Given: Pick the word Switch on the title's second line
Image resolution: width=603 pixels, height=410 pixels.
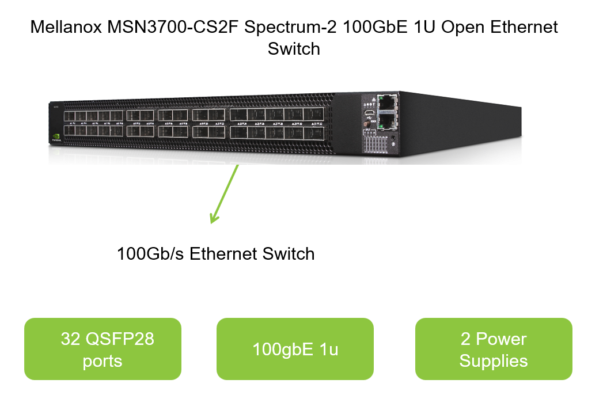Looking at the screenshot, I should coord(294,48).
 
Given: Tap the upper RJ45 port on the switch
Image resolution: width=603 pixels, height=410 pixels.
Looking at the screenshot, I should coord(386,102).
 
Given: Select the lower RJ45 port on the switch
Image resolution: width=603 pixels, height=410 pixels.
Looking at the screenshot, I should coord(386,120).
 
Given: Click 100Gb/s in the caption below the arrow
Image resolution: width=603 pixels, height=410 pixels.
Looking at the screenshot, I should coord(151,253).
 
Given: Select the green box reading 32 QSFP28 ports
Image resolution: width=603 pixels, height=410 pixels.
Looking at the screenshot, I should coord(103,349).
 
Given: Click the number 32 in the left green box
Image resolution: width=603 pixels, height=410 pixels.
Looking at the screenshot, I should coord(70,339).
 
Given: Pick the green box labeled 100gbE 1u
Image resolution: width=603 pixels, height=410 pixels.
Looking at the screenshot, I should coord(295,349).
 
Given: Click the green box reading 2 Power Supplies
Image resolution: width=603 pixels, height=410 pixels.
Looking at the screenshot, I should coord(494,349).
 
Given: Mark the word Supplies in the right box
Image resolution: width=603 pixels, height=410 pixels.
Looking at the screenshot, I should coord(494,361).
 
